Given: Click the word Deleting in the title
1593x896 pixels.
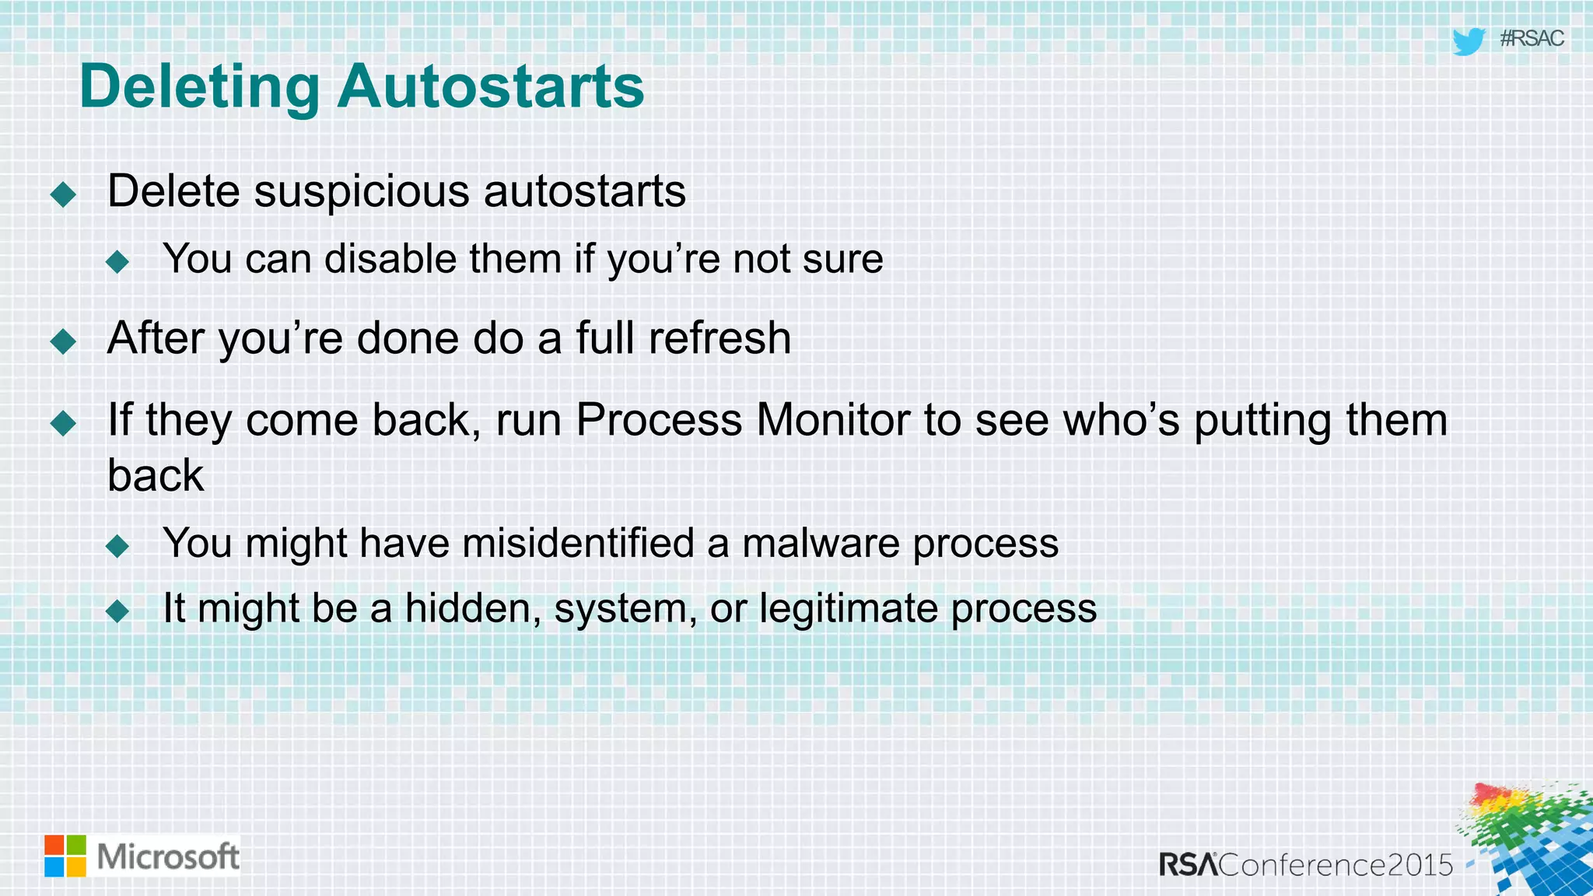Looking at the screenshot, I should click(199, 87).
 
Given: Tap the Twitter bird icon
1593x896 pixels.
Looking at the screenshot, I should click(1468, 40).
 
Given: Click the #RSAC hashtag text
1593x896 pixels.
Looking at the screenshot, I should click(1531, 38).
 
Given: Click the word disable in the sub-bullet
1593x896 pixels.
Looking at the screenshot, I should click(390, 259).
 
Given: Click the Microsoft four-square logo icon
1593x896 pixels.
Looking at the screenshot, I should click(65, 856).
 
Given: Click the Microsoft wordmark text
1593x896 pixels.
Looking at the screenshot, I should click(168, 856).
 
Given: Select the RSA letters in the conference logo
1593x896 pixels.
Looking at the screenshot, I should click(1188, 865).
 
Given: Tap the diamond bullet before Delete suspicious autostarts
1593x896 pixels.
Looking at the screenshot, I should click(63, 194).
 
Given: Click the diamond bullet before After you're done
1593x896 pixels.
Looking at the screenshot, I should click(63, 341).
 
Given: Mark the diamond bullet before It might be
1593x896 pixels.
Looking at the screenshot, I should click(117, 611).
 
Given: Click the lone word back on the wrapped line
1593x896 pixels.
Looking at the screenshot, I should click(156, 476).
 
